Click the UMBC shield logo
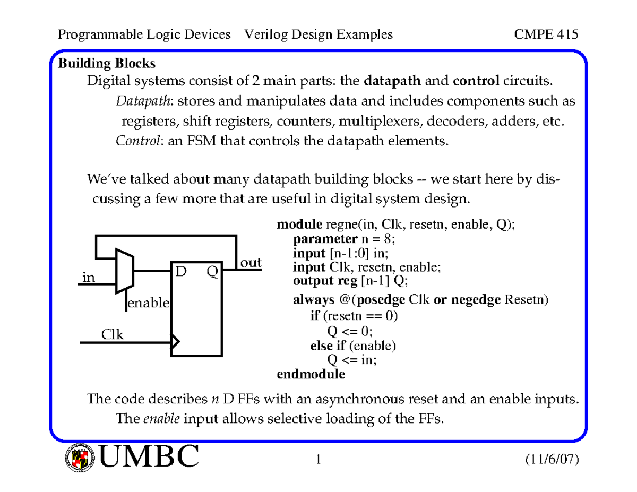(80, 458)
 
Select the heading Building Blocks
(106, 64)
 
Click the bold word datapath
(393, 81)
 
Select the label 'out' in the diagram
(251, 263)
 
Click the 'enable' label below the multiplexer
(148, 304)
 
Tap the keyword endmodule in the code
(311, 375)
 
